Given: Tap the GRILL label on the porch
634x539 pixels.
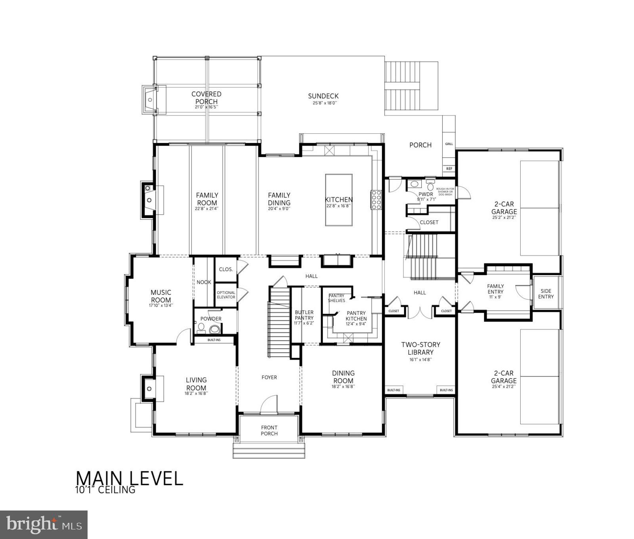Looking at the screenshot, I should click(x=449, y=144).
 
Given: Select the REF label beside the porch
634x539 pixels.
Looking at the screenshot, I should click(x=449, y=169).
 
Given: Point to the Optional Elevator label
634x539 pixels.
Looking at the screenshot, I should click(x=226, y=295).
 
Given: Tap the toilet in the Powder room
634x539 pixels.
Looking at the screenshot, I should click(x=214, y=329).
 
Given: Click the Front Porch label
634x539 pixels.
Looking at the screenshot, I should click(x=269, y=430).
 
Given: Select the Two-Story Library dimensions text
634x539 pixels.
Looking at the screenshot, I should click(x=420, y=360).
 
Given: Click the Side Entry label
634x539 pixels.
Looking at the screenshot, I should click(x=546, y=294).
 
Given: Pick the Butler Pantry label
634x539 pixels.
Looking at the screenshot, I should click(x=304, y=315).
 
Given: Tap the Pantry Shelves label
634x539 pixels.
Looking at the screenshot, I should click(x=336, y=298).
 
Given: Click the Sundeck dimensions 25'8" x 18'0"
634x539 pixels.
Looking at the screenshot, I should click(x=323, y=103).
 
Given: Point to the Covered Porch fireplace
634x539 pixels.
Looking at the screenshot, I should click(x=150, y=100).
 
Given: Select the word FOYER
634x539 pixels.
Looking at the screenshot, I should click(x=269, y=377).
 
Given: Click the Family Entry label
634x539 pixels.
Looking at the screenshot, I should click(x=495, y=289).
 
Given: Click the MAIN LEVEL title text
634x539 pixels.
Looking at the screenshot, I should click(x=129, y=478).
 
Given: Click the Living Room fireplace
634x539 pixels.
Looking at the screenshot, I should click(x=149, y=389).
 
